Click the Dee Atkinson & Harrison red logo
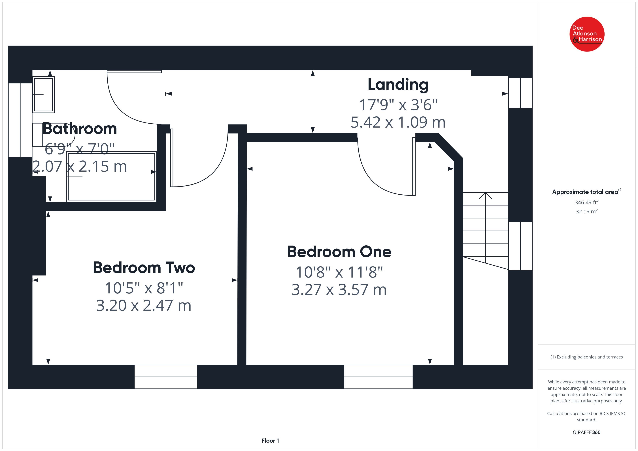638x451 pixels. pos(587,34)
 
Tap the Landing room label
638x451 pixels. pos(398,85)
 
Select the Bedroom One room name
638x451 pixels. pos(339,252)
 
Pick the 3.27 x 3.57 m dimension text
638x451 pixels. pos(339,290)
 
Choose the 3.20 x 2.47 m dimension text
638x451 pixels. pos(144,306)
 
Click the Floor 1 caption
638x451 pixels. pos(270,441)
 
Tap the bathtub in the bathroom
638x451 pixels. pos(111,177)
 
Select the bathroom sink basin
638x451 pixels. pos(43,95)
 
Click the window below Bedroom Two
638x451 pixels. pos(166,377)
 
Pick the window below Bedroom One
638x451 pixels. pos(378,377)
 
